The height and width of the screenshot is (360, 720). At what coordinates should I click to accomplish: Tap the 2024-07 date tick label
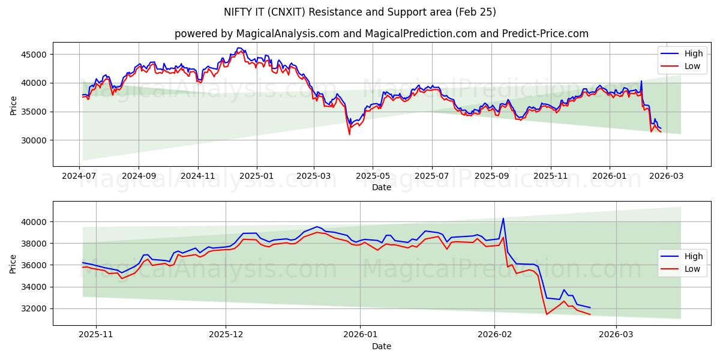coord(79,176)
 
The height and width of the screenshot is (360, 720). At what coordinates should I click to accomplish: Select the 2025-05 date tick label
coord(373,176)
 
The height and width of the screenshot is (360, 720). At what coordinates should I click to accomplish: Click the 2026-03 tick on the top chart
coord(668,176)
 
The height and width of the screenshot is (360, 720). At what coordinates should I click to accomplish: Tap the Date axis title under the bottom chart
coord(382,346)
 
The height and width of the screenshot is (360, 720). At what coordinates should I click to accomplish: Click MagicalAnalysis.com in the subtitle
coord(271,34)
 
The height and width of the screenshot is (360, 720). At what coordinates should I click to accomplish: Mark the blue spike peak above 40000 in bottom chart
coord(503,218)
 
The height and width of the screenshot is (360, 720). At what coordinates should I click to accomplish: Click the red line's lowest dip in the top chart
coord(349,134)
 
